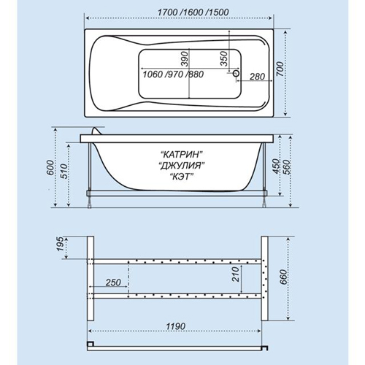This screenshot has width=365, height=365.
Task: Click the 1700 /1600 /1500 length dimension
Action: coord(193,12)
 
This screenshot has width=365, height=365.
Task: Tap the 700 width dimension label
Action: coord(280,69)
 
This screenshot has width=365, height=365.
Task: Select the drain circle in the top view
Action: coord(236,73)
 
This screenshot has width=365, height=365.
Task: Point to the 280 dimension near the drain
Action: coord(257,77)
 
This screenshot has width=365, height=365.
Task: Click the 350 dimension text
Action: coord(224,58)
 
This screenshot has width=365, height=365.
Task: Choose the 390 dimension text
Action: coord(185,58)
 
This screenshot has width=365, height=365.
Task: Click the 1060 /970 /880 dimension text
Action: coord(173,74)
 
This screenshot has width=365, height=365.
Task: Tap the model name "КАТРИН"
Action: coord(182,154)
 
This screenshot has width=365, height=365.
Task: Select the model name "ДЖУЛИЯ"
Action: coord(181,166)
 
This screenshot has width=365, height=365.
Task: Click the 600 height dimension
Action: coord(50,168)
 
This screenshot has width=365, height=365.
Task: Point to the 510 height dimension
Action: coord(64,172)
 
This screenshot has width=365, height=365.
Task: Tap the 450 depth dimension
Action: coord(275,166)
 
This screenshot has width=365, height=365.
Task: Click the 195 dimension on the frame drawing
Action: coord(59,244)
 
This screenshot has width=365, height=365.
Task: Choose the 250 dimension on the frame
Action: coord(113,283)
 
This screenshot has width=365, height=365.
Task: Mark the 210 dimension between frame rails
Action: coord(235,274)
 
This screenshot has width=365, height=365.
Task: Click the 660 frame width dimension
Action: coord(283,277)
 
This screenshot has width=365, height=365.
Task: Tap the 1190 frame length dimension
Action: coord(176,326)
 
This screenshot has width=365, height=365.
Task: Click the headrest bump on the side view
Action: coord(97,131)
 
